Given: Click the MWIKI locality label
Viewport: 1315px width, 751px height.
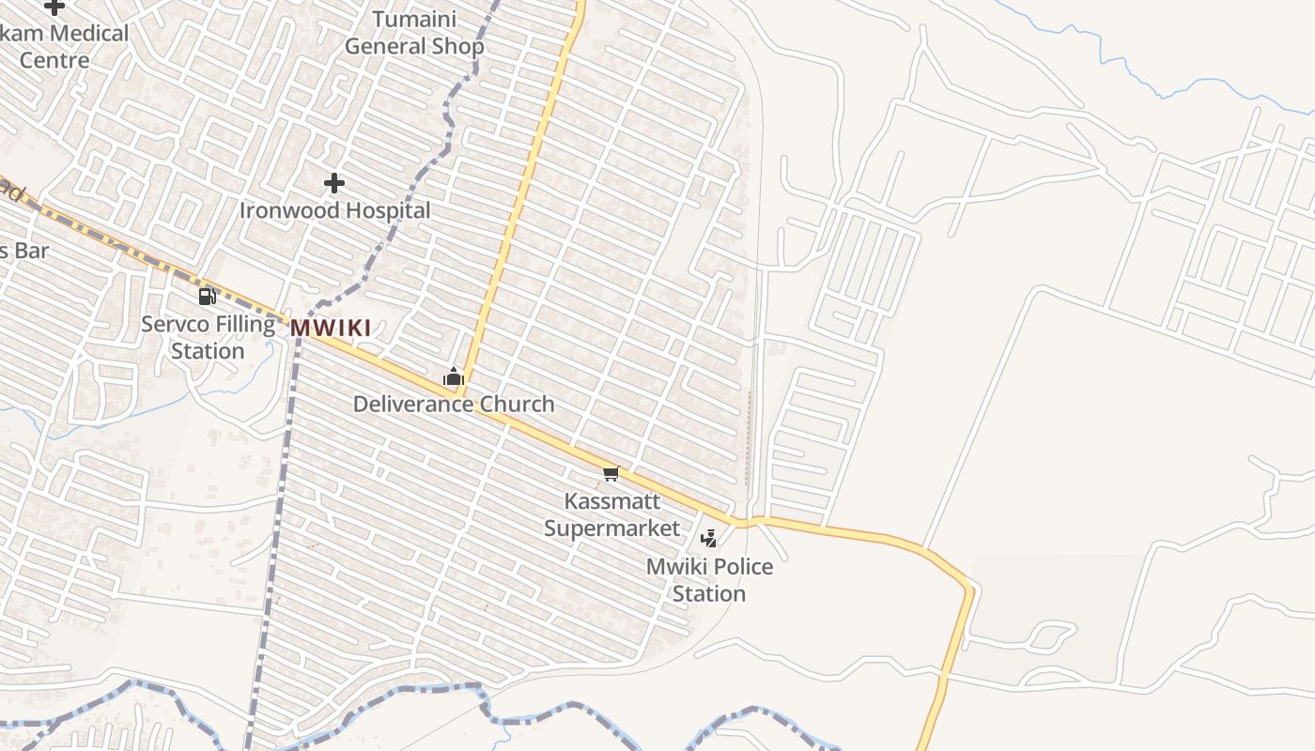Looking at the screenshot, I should click(x=330, y=329).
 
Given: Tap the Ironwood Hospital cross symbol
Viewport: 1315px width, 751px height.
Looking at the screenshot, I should click(x=333, y=183).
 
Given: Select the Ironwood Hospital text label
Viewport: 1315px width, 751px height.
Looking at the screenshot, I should click(x=334, y=210).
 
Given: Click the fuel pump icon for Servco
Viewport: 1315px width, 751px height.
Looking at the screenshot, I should click(x=207, y=297).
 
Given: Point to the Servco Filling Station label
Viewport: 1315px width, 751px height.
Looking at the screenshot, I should click(x=208, y=338).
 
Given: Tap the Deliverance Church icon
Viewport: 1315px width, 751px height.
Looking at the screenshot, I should click(x=454, y=377).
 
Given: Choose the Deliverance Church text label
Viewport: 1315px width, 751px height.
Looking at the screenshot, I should click(x=454, y=405).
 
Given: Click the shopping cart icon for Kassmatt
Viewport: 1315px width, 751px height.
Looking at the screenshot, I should click(x=611, y=474).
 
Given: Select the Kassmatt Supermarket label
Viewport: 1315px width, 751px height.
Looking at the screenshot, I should click(x=611, y=514).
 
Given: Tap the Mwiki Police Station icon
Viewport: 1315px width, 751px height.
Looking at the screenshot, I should click(x=710, y=539).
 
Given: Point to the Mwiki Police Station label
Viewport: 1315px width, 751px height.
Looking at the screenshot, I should click(x=709, y=580).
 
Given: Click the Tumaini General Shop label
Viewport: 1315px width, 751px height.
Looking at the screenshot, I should click(x=414, y=33).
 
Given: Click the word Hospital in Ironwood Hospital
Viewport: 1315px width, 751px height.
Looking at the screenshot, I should click(x=385, y=210).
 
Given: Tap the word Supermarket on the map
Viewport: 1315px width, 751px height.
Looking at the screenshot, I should click(x=611, y=529).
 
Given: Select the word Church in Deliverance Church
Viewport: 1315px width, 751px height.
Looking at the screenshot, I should click(x=517, y=405).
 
